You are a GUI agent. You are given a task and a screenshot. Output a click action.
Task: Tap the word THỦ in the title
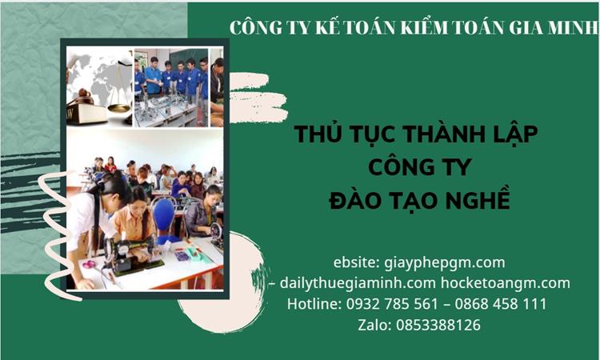click(316, 134)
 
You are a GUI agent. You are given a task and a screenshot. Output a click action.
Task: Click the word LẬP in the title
click(511, 134)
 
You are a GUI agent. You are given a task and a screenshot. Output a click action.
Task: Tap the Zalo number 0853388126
click(442, 325)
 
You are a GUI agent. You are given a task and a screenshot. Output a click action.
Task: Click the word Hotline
click(314, 304)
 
